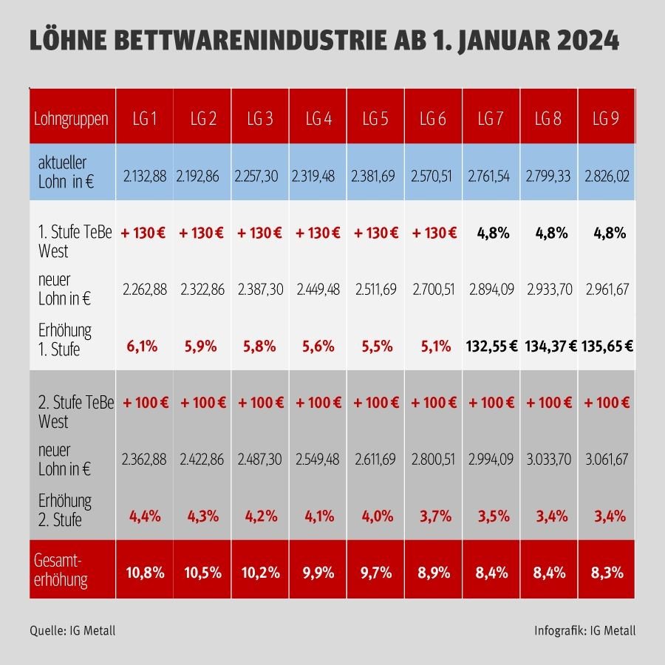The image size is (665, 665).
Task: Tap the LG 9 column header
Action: [607, 118]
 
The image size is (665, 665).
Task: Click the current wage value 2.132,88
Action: [144, 177]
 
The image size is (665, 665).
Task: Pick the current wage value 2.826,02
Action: [607, 177]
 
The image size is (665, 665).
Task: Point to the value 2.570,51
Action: [433, 177]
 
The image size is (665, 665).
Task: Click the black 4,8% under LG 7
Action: [491, 233]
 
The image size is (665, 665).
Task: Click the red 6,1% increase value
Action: [144, 345]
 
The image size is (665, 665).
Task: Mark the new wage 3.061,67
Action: [607, 460]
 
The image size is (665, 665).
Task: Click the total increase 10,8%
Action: [144, 572]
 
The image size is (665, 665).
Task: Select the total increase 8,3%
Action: [607, 572]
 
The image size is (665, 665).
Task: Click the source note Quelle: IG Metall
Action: [72, 630]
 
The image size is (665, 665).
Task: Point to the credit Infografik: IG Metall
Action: [584, 630]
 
